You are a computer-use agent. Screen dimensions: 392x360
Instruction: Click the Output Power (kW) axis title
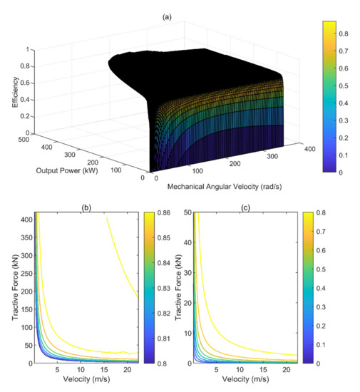coord(58,171)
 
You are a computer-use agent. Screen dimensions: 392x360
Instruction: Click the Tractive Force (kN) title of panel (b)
coord(8,288)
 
